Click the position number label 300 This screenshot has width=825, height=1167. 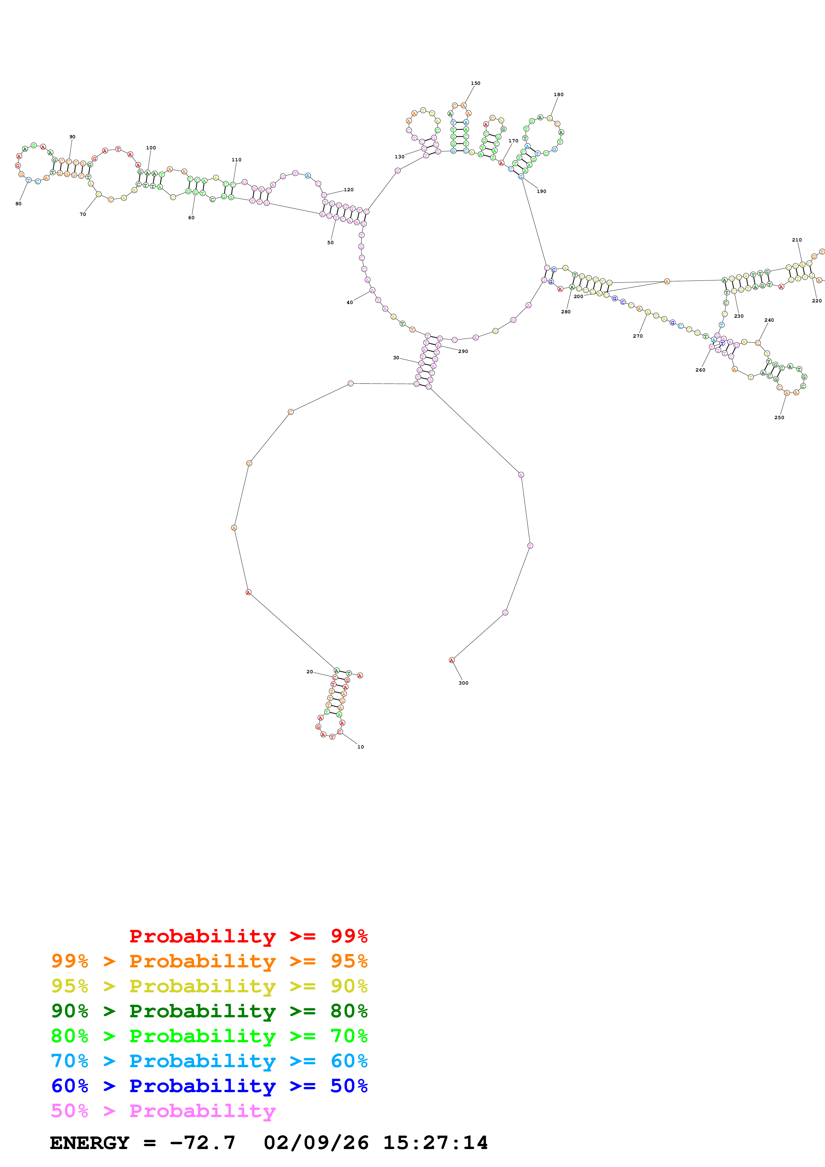(463, 683)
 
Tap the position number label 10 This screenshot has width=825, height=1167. (360, 747)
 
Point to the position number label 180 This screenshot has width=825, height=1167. (558, 94)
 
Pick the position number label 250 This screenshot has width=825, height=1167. (779, 417)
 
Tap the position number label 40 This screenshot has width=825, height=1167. (350, 302)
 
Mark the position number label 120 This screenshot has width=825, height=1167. (348, 190)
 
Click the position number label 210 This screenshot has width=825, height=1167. (796, 240)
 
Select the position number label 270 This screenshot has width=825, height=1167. (637, 336)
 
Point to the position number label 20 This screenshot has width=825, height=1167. (309, 671)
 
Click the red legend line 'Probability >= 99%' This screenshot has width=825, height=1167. (248, 936)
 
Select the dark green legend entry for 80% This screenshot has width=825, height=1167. (209, 1011)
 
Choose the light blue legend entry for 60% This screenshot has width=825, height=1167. (209, 1061)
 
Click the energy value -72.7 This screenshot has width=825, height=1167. (202, 1143)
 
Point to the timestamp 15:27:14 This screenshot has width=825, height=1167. (435, 1143)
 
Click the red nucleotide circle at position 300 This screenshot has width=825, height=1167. (451, 660)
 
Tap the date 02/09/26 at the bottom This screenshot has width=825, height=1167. (316, 1143)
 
